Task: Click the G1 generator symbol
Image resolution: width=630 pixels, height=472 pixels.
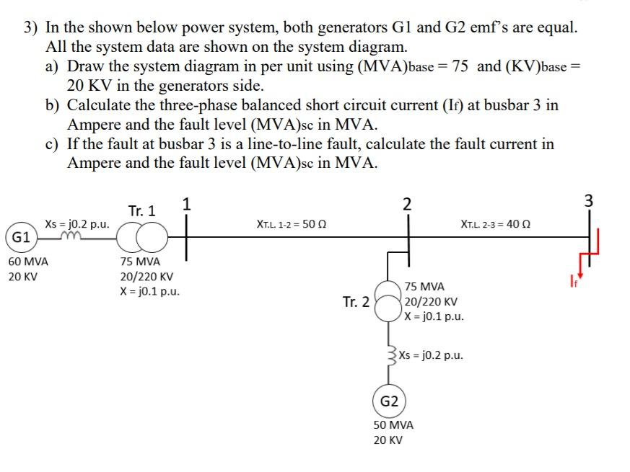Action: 20,237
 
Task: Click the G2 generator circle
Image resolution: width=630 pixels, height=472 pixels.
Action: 389,401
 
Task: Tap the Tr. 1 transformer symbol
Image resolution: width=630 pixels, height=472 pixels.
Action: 142,236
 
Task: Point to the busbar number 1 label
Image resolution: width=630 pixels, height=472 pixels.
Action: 187,204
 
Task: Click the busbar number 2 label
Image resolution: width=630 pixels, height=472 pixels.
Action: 408,204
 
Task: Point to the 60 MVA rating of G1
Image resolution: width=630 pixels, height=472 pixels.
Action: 28,262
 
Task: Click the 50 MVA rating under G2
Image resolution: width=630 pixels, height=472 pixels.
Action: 393,425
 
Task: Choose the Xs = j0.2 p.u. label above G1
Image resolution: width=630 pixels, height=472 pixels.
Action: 77,223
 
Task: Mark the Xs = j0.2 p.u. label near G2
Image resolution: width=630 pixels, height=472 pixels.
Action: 431,355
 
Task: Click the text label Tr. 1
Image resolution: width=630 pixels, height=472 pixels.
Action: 141,211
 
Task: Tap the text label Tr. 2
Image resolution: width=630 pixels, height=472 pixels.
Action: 356,302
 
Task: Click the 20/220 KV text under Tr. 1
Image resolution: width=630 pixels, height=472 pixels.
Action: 146,277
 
